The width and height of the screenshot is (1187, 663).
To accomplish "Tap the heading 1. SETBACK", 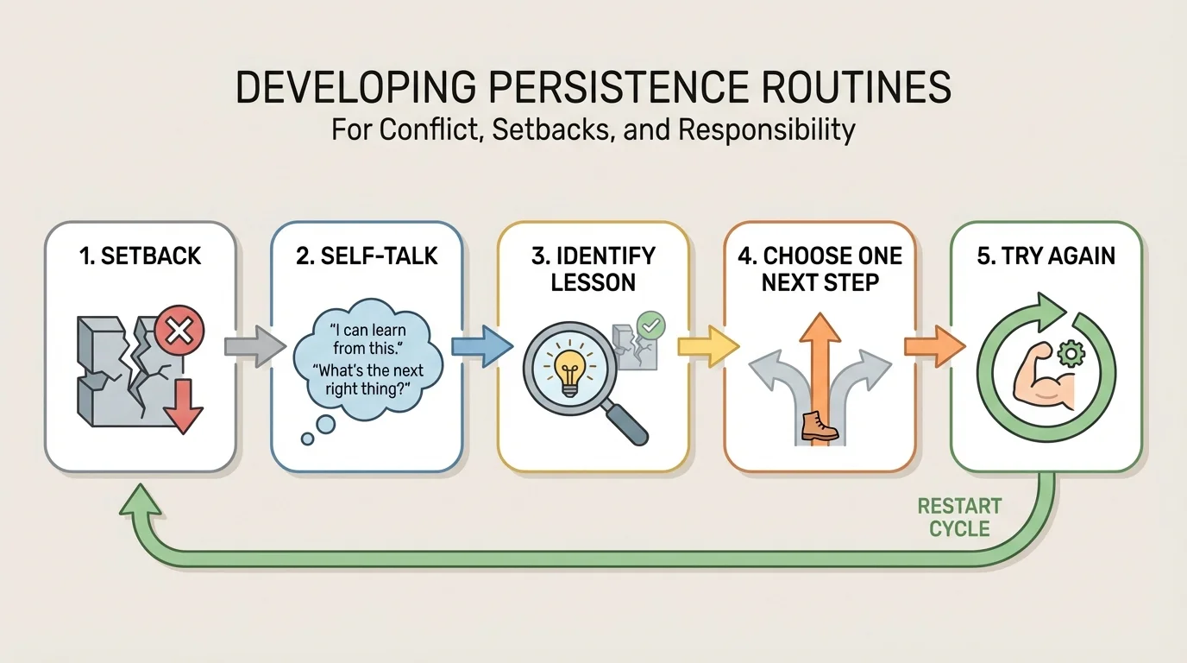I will click(140, 256).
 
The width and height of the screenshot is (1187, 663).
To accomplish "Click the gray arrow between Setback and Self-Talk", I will click(254, 346).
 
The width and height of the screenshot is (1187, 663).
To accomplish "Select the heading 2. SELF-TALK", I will click(366, 256).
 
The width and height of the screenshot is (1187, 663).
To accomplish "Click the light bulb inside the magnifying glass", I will click(569, 374).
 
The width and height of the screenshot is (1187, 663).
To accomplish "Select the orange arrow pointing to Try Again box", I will click(933, 346).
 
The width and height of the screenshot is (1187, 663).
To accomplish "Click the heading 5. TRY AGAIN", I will click(1046, 256).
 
